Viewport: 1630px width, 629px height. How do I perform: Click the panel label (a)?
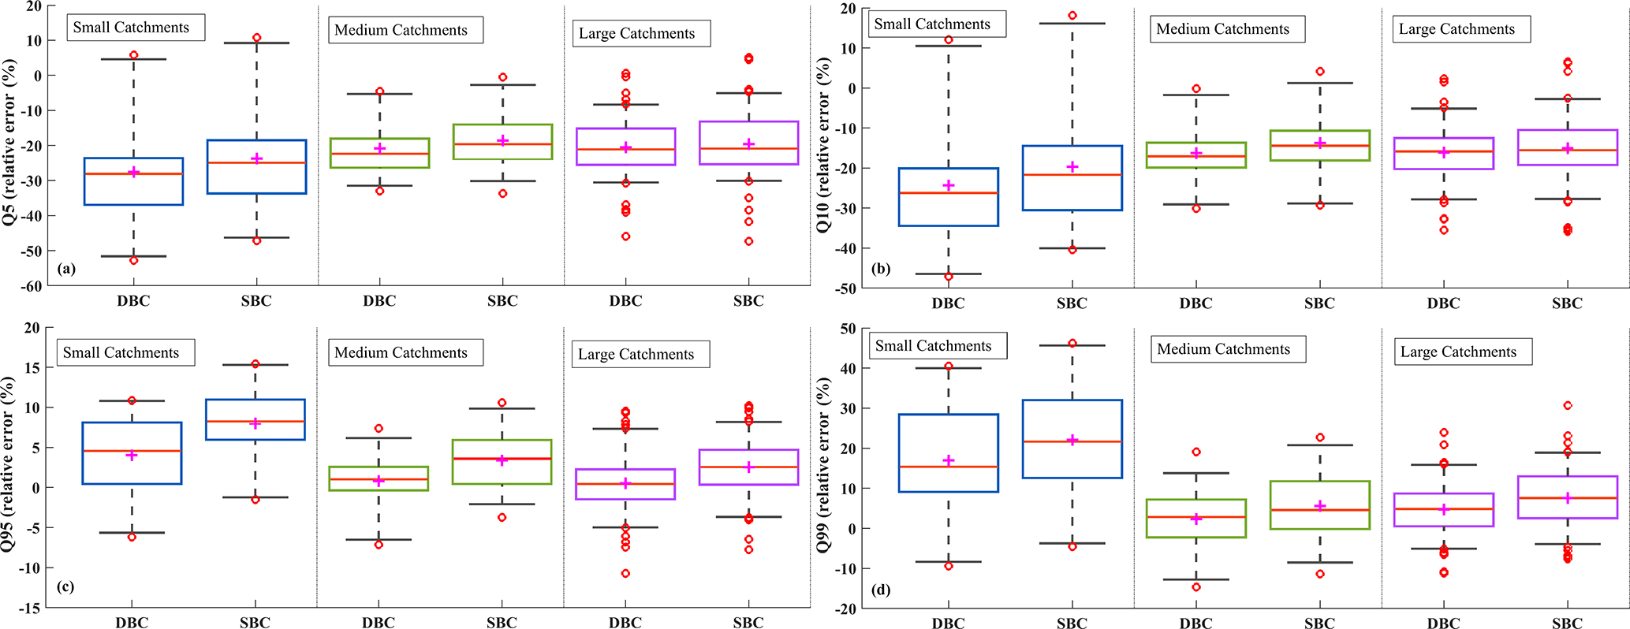[66, 269]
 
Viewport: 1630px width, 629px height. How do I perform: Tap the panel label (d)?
[882, 589]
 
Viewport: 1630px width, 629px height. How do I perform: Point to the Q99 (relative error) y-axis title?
[824, 465]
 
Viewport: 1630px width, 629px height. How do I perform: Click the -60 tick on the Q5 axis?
[32, 286]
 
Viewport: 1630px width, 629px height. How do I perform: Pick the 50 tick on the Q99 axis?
[848, 329]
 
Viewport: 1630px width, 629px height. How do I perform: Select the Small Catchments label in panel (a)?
[131, 28]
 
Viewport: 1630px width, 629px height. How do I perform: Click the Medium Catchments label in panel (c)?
[401, 352]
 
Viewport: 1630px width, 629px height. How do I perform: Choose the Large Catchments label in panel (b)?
[1457, 29]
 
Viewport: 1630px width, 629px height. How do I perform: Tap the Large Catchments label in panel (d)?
[1458, 352]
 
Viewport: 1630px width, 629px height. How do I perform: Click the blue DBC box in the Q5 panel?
[133, 181]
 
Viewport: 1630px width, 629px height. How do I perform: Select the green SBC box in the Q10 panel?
[1319, 146]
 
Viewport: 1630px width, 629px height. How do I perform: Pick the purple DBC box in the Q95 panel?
[625, 484]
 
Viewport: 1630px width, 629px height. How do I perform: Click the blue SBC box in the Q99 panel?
[1072, 438]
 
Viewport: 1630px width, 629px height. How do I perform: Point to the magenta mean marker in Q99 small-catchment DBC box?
[949, 460]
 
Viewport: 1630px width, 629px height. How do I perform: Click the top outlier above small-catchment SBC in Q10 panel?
[1072, 16]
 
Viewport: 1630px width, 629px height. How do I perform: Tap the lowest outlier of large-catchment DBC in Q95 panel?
[625, 573]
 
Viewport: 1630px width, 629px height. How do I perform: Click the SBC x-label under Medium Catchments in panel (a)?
[502, 301]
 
